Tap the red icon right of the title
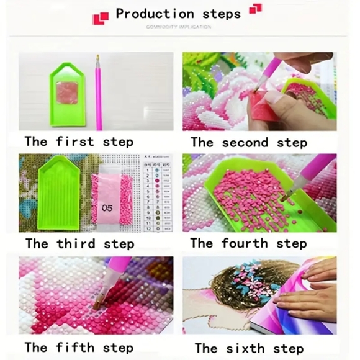tap(254, 8)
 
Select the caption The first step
tap(79, 142)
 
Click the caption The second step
tap(248, 142)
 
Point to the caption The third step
tap(79, 243)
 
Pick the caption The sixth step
tap(248, 347)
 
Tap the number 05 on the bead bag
tap(107, 208)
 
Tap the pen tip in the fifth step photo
tap(99, 304)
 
